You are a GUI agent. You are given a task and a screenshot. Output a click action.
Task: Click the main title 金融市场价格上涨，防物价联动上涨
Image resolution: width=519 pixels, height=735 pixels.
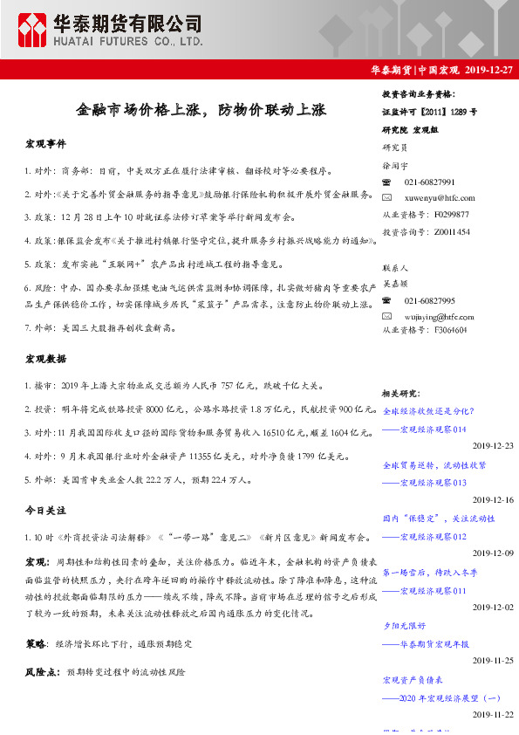201,111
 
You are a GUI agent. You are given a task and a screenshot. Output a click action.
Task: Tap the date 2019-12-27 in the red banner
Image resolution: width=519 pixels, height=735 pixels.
485,71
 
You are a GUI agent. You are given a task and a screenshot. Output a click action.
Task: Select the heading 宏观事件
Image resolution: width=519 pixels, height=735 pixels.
45,143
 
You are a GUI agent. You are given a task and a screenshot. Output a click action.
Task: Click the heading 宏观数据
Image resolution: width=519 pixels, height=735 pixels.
45,358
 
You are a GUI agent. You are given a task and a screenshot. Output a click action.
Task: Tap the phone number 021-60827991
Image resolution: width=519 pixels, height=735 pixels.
429,182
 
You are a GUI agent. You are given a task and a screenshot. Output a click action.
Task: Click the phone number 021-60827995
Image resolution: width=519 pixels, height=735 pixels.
429,300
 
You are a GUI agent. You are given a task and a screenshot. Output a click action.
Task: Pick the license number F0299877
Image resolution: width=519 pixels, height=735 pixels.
451,214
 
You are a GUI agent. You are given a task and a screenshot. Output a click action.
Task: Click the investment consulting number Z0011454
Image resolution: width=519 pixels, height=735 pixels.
451,231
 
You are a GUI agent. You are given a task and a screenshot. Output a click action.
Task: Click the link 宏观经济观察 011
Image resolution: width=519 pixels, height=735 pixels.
433,591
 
